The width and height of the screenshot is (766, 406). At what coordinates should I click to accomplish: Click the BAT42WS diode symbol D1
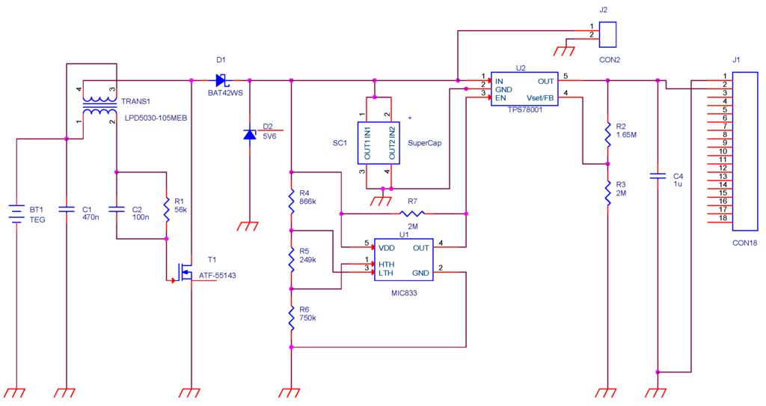(221, 79)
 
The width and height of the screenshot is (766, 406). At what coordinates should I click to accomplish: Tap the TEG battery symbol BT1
(16, 215)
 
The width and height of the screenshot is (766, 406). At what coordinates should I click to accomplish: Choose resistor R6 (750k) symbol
(291, 318)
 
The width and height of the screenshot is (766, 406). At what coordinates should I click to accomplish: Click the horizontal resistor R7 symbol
(407, 213)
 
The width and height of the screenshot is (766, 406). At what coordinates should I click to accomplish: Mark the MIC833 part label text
(404, 294)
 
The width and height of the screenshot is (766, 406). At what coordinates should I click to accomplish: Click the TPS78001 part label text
(524, 110)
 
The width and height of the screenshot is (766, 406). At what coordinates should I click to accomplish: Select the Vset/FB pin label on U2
(540, 97)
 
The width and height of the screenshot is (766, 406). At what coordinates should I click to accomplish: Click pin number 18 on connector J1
(723, 218)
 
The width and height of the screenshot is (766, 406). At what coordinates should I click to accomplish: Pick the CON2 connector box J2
(609, 34)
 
